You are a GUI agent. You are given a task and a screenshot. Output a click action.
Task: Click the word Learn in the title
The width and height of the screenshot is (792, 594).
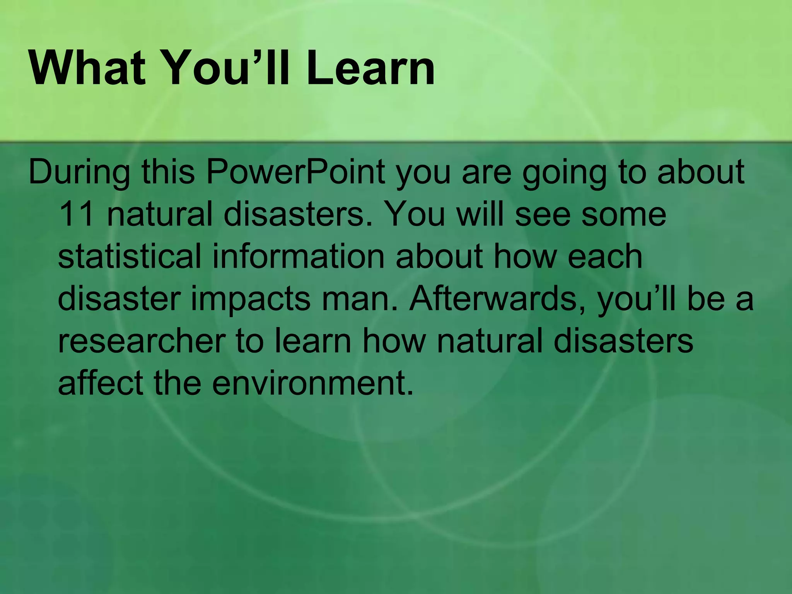(370, 69)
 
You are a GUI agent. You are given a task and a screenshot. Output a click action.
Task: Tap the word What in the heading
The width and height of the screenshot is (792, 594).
(87, 69)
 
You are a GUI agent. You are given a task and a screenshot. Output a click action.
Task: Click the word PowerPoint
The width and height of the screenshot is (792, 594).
(295, 172)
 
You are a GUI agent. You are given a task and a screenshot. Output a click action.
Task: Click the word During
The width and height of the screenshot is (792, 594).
(79, 172)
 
